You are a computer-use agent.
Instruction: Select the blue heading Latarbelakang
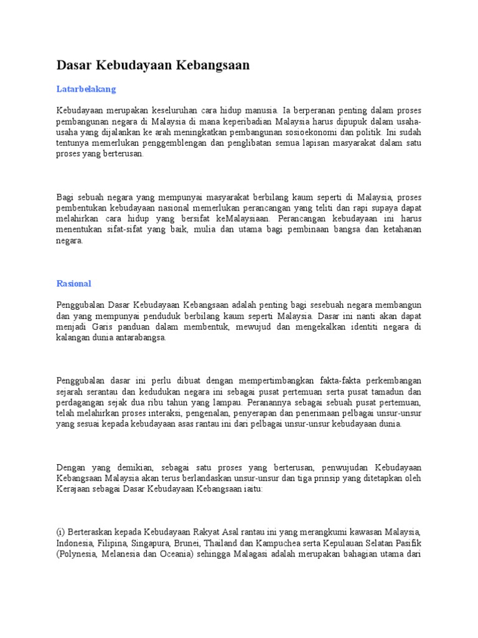[86, 89]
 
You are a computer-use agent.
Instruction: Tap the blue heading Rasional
[73, 283]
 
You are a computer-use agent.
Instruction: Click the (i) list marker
[61, 532]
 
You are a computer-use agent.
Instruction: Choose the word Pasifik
[407, 543]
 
